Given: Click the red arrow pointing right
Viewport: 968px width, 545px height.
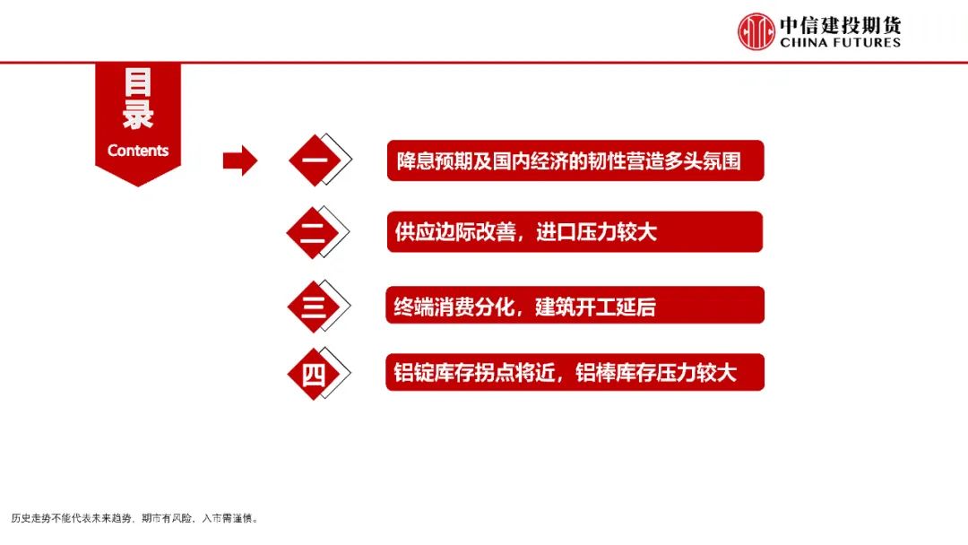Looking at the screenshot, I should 239,161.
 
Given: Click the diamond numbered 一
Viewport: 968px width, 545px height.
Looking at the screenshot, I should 314,160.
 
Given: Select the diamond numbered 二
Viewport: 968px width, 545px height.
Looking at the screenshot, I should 313,232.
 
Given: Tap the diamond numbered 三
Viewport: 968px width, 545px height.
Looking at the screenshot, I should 313,307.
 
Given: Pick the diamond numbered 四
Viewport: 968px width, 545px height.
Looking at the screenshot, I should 313,373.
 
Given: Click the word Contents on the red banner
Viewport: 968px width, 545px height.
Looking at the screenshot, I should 138,151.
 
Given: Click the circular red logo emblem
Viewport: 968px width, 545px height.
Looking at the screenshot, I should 756,31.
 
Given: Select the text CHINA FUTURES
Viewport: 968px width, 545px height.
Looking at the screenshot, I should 840,42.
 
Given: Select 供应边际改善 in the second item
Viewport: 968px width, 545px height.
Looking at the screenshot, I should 455,232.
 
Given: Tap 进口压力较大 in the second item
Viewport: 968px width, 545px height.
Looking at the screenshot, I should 596,232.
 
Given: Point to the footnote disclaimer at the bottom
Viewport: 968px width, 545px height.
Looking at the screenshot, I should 134,518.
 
